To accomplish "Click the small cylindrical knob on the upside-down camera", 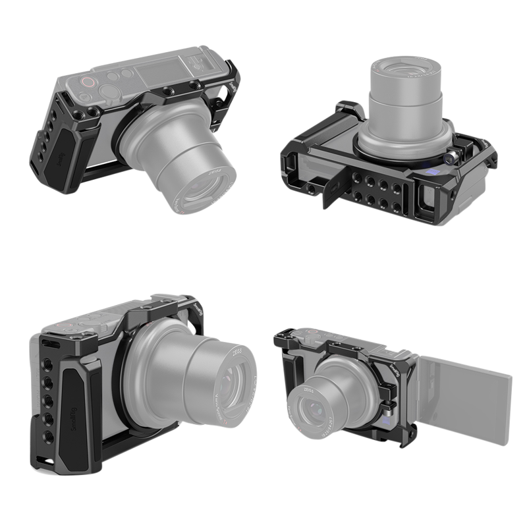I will coord(453,157).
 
